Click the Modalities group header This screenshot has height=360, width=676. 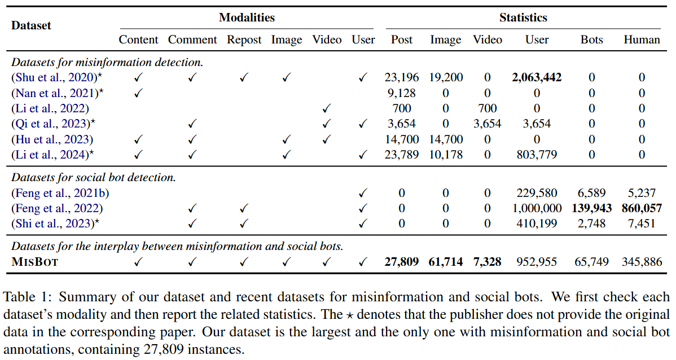[x=247, y=17]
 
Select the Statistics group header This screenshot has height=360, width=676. [x=523, y=17]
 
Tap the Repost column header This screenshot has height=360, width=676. [x=244, y=39]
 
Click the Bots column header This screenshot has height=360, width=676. [x=591, y=39]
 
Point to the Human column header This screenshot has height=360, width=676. [x=642, y=39]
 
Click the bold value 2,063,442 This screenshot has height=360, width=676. [x=537, y=77]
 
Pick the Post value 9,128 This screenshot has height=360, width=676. [x=402, y=93]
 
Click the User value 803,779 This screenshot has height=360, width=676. [x=537, y=154]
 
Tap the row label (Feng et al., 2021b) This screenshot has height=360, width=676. [x=60, y=193]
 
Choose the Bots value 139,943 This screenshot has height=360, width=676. [x=591, y=208]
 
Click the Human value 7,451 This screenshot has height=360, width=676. [x=642, y=223]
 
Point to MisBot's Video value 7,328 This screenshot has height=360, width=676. [x=487, y=262]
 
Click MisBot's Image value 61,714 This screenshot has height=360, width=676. [x=446, y=262]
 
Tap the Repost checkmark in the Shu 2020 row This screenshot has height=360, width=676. [x=244, y=78]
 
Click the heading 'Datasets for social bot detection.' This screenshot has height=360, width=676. [x=94, y=177]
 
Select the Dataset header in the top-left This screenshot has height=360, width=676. [x=31, y=25]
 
